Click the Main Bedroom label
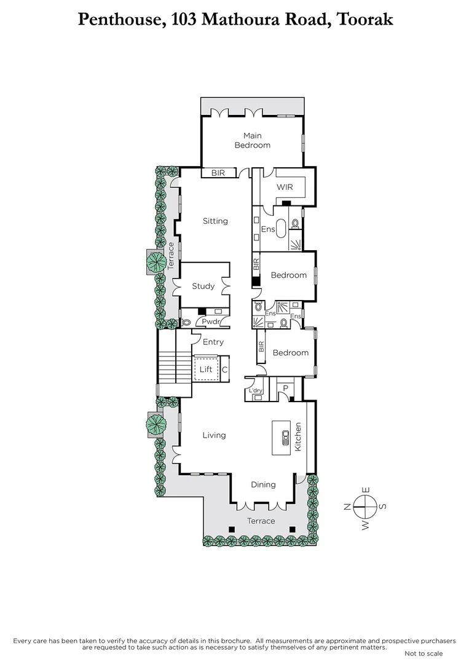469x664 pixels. [252, 140]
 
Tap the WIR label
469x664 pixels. [285, 186]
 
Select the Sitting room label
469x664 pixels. [215, 221]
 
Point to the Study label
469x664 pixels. [203, 286]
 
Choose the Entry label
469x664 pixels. [213, 342]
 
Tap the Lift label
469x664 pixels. [206, 370]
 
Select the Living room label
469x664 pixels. [215, 435]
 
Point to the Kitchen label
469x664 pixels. [299, 437]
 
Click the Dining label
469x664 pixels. [263, 484]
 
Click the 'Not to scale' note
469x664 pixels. [424, 653]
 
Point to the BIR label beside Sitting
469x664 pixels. [218, 173]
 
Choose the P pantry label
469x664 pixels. [285, 387]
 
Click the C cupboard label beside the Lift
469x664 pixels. [224, 370]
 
